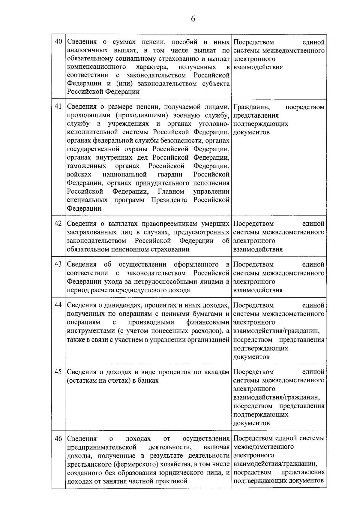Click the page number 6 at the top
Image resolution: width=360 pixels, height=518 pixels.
[x=193, y=19]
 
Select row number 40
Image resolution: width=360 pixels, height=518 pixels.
[x=58, y=42]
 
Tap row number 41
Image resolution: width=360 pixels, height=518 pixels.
[x=58, y=107]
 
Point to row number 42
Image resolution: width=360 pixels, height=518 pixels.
[x=58, y=224]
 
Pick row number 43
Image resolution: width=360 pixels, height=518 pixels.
[x=58, y=264]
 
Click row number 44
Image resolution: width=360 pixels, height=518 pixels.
[x=58, y=305]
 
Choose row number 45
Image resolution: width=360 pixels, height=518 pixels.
[x=58, y=372]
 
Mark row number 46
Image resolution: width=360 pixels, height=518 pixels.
[x=58, y=438]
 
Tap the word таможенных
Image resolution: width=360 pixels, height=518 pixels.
[x=86, y=166]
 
